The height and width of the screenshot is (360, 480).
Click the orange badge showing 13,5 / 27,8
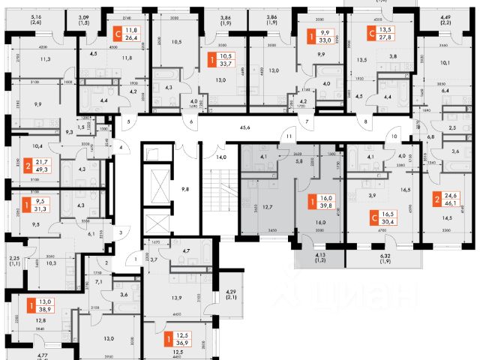pos(382,34)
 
